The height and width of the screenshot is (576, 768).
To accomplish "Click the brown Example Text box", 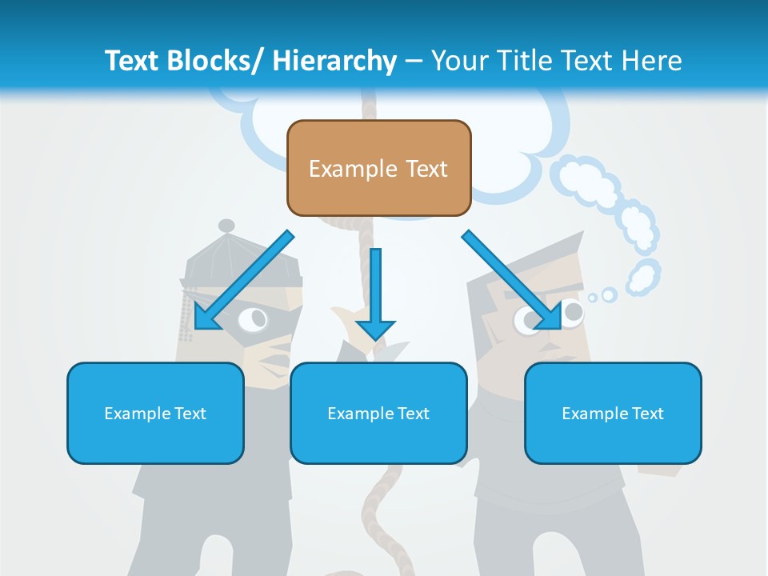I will coord(378,168).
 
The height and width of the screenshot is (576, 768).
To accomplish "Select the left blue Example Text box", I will coord(154,413).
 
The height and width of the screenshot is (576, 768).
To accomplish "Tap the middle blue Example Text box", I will coord(378,413).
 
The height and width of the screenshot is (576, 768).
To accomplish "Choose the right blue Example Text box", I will coord(613,413).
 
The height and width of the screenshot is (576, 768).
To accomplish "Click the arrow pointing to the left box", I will coord(243,281).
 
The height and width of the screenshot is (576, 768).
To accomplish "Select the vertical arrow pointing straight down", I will coord(375,292).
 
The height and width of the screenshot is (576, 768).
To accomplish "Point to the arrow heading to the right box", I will coord(513,279).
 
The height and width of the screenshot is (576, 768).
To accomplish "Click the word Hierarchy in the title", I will coord(334,60).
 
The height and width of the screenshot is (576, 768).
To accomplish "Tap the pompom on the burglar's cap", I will coord(226,226).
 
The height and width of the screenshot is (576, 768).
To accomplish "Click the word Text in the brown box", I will coord(424,169).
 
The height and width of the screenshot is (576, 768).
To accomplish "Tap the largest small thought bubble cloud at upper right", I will coord(590,179).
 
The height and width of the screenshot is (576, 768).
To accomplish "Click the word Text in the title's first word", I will coord(131,60).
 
